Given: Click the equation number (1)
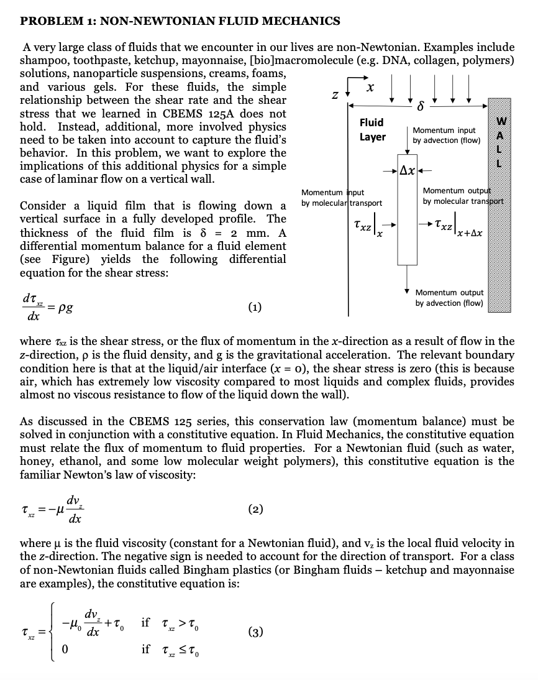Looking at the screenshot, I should click(x=255, y=306).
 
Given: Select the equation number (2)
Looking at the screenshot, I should click(x=255, y=509).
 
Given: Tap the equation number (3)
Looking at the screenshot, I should click(x=255, y=632).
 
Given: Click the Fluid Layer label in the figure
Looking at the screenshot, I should click(x=372, y=130).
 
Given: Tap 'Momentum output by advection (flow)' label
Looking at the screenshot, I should click(x=449, y=297).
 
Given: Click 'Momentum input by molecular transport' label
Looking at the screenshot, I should click(x=341, y=198).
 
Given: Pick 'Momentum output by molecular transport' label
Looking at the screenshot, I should click(x=463, y=196).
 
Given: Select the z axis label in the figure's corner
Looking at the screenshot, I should click(x=335, y=96).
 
